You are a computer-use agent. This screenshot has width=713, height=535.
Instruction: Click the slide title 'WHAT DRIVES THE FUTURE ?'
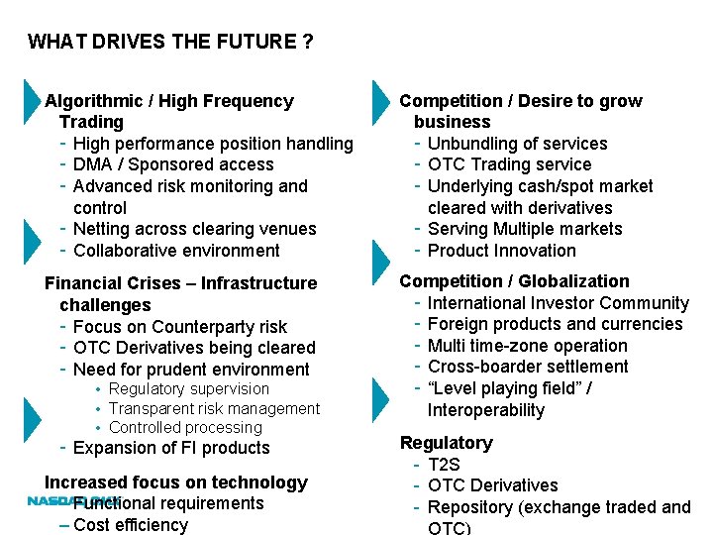[x=171, y=42]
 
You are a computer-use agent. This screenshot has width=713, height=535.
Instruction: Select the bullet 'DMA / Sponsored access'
[x=173, y=164]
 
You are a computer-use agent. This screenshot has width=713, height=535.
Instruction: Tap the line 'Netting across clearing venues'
[x=194, y=229]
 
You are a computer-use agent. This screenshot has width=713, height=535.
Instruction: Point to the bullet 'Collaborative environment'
[x=176, y=251]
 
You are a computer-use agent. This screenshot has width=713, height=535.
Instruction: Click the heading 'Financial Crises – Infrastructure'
[x=180, y=283]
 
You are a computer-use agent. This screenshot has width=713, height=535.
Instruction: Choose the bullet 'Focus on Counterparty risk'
[x=179, y=327]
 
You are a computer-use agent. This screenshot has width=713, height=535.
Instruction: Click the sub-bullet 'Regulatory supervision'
[x=188, y=389]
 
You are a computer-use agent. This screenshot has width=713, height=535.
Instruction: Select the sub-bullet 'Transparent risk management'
[x=214, y=408]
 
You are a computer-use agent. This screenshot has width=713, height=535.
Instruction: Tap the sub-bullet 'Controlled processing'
[x=185, y=428]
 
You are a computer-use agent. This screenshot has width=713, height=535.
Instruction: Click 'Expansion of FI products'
[x=171, y=448]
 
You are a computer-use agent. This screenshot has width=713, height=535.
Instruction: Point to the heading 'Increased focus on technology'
[x=176, y=482]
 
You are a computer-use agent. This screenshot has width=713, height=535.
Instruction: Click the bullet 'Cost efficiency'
[x=130, y=525]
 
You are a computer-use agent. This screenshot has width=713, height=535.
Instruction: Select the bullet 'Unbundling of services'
[x=517, y=144]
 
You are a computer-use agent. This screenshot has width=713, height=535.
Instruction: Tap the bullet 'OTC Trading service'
[x=509, y=164]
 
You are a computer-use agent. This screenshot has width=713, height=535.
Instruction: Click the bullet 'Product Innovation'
[x=501, y=251]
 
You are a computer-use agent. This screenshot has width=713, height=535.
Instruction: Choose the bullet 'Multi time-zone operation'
[x=527, y=346]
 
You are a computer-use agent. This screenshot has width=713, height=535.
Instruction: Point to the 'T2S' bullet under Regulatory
[x=444, y=465]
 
